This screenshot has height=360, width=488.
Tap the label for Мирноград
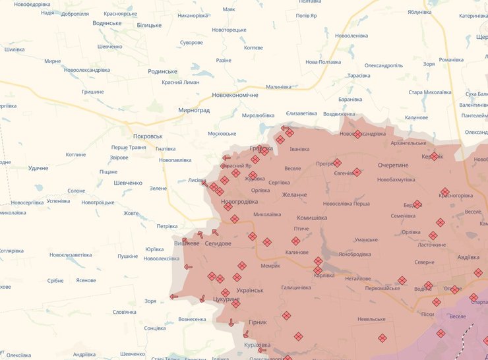click(x=194, y=110)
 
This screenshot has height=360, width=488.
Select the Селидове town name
click(x=218, y=244)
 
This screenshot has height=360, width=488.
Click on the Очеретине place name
click(x=393, y=165)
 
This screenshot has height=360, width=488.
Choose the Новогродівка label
click(x=239, y=202)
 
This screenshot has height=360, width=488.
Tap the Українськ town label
click(x=249, y=290)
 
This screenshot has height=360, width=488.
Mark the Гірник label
click(x=258, y=322)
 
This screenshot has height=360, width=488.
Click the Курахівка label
click(x=257, y=345)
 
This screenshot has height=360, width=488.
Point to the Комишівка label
click(x=312, y=218)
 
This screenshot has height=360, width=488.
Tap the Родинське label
click(x=163, y=71)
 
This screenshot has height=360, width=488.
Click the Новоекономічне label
click(x=235, y=95)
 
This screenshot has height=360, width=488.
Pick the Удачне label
click(x=38, y=168)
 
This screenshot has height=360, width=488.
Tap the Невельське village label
click(x=371, y=319)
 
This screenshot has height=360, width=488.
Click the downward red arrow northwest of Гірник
click(x=231, y=322)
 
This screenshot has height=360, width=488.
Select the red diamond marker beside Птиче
click(x=296, y=241)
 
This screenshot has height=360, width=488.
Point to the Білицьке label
click(x=148, y=25)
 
